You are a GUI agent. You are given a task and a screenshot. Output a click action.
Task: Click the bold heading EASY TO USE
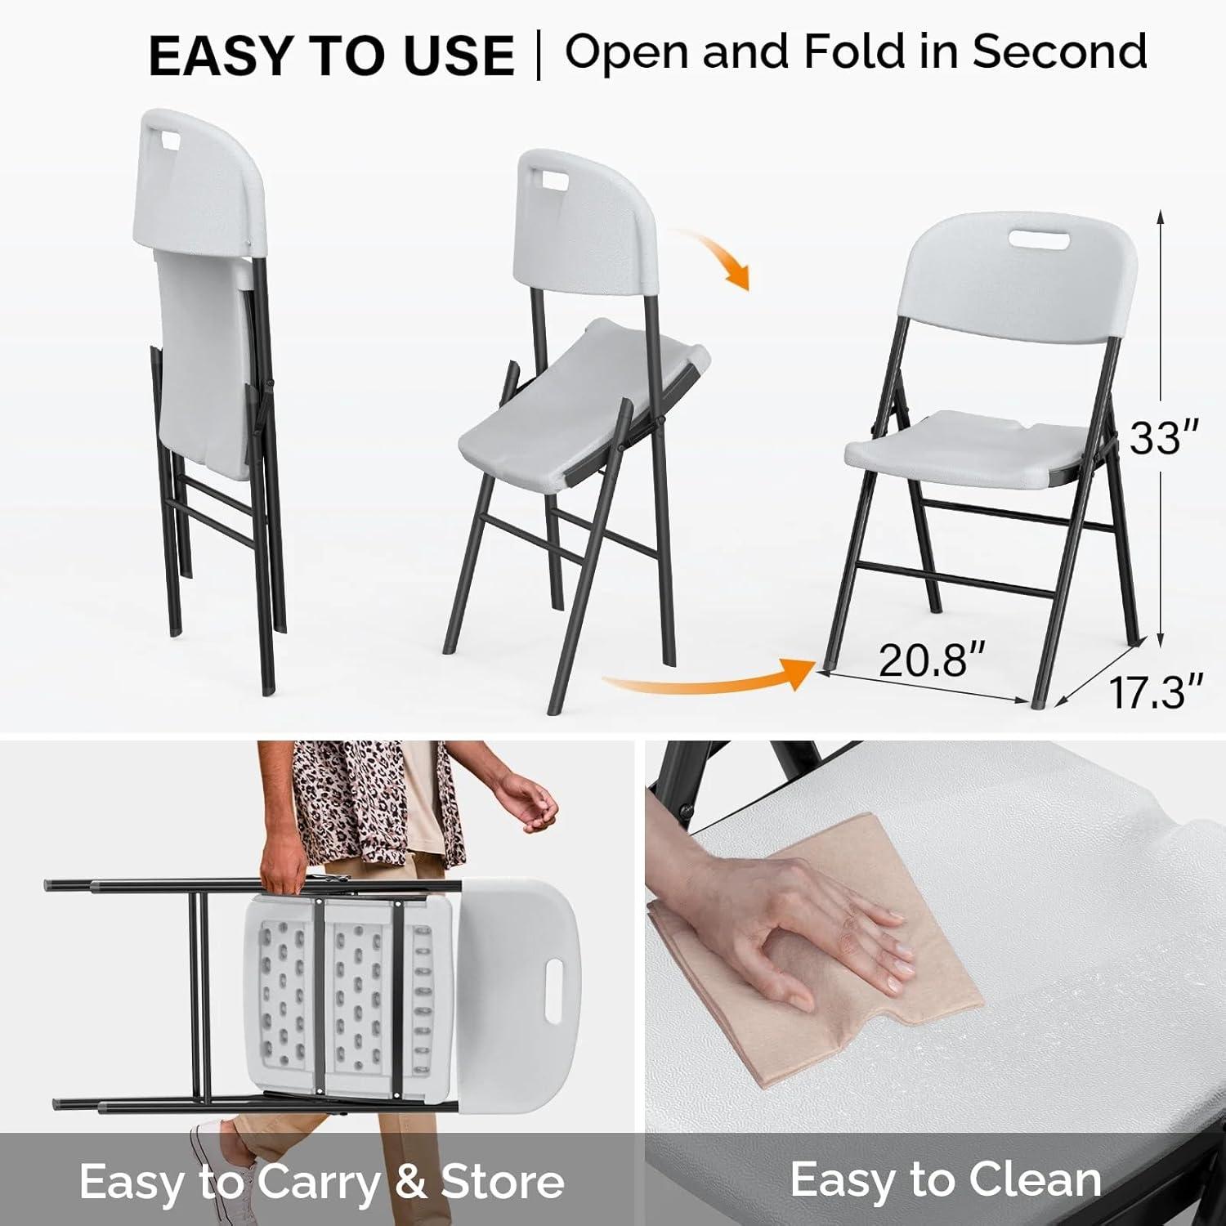331,56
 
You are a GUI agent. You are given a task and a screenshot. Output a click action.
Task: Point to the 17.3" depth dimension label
1155,691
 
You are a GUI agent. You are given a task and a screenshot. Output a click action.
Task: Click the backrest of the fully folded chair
200,180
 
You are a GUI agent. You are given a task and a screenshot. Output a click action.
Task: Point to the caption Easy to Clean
945,1179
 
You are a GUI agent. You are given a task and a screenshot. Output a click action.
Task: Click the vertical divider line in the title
539,56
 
